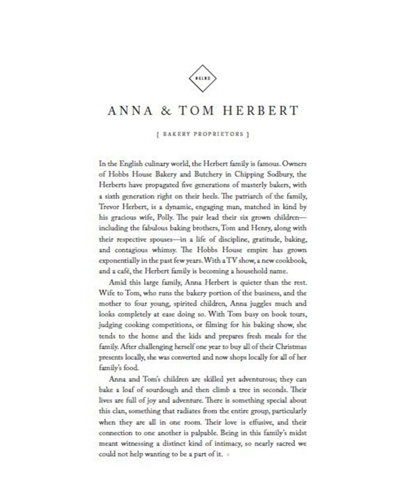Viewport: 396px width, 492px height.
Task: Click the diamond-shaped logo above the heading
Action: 202,79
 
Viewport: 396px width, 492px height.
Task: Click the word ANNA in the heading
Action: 130,111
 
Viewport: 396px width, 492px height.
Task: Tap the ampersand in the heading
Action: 166,111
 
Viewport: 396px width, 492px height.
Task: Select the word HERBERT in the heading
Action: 261,111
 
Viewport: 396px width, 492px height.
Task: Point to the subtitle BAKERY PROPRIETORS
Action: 203,134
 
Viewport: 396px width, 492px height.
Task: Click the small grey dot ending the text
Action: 228,455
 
